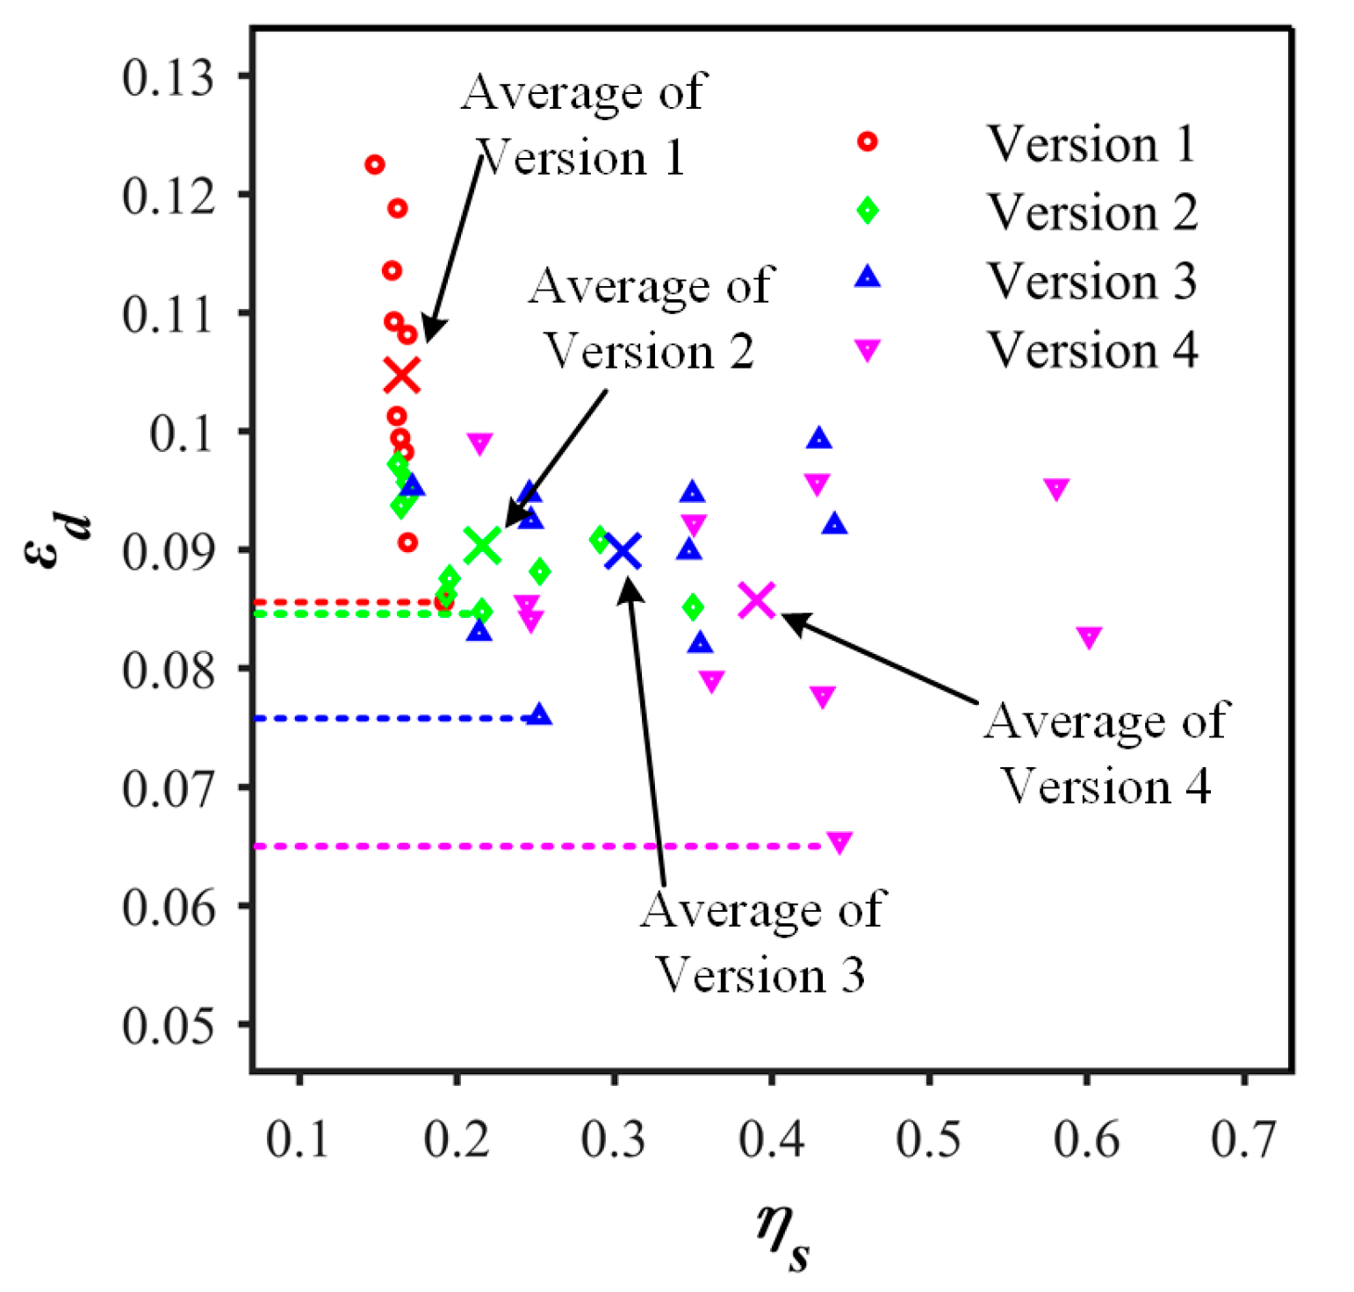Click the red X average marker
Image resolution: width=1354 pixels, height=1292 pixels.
click(402, 376)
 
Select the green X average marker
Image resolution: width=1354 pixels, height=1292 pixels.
click(482, 546)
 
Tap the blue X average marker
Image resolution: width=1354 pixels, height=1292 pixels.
click(623, 552)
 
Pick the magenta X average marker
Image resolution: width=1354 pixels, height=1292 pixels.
click(757, 600)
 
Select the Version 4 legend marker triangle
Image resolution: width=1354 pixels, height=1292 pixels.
click(868, 350)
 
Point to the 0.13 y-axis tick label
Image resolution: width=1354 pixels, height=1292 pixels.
click(168, 77)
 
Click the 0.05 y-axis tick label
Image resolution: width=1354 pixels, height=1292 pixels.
click(168, 1024)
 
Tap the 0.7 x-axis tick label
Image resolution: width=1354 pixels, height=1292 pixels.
click(1243, 1139)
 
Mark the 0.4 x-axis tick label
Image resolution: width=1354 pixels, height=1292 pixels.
click(771, 1139)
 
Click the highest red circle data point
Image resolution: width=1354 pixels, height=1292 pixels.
click(375, 164)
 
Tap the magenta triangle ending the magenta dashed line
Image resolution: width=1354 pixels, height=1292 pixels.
click(839, 843)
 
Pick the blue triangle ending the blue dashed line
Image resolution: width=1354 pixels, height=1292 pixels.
click(540, 714)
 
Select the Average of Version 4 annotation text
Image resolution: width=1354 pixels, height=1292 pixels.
click(1106, 752)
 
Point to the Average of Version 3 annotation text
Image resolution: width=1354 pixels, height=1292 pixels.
click(762, 942)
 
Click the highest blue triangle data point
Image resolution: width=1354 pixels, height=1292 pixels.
click(819, 438)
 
